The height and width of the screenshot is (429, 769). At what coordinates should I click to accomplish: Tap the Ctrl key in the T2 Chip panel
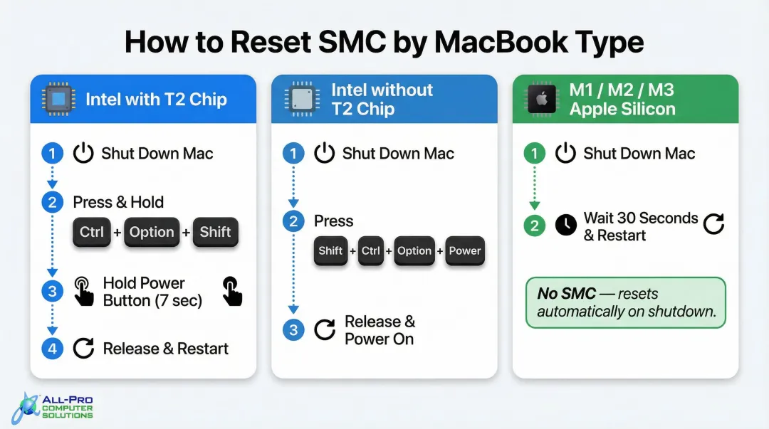pyautogui.click(x=92, y=232)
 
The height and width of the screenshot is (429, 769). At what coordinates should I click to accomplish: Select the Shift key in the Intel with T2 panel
pyautogui.click(x=215, y=232)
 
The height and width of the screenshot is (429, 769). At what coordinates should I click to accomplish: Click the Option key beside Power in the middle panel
pyautogui.click(x=414, y=251)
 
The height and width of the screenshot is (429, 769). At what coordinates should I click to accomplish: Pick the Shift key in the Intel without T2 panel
pyautogui.click(x=331, y=251)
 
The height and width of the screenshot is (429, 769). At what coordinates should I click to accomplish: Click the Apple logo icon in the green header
pyautogui.click(x=541, y=100)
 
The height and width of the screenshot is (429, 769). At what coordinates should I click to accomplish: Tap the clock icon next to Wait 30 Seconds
pyautogui.click(x=566, y=226)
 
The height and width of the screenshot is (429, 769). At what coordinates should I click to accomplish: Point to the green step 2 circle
pyautogui.click(x=534, y=226)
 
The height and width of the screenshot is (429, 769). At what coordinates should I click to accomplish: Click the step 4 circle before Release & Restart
pyautogui.click(x=52, y=349)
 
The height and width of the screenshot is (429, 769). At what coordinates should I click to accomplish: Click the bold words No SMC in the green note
pyautogui.click(x=567, y=294)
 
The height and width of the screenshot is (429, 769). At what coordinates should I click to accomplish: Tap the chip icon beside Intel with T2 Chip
pyautogui.click(x=58, y=99)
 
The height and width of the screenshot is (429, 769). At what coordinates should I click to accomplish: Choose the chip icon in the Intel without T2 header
pyautogui.click(x=300, y=99)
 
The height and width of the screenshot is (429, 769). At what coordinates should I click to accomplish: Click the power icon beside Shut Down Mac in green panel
pyautogui.click(x=566, y=153)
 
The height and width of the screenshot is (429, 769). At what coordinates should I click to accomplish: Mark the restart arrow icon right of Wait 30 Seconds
pyautogui.click(x=713, y=225)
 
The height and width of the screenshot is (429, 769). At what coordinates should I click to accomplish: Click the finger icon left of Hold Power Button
pyautogui.click(x=84, y=292)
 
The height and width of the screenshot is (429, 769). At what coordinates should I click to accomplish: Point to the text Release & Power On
pyautogui.click(x=380, y=330)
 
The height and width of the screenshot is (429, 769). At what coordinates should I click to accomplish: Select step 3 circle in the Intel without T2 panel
pyautogui.click(x=293, y=330)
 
